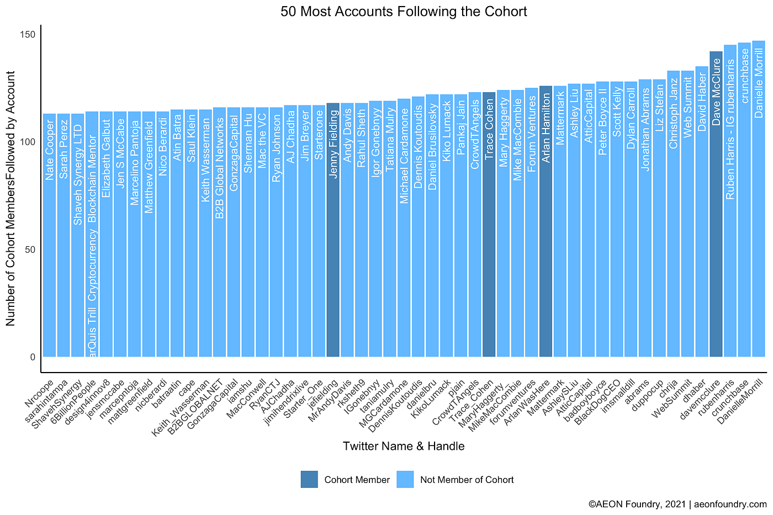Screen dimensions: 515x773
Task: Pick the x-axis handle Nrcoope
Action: click(40, 393)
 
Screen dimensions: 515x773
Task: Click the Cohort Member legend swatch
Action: click(309, 480)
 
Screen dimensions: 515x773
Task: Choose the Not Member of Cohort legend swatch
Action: click(405, 480)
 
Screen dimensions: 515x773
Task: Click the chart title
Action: click(404, 11)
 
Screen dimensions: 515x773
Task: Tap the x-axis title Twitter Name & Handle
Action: click(404, 446)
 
